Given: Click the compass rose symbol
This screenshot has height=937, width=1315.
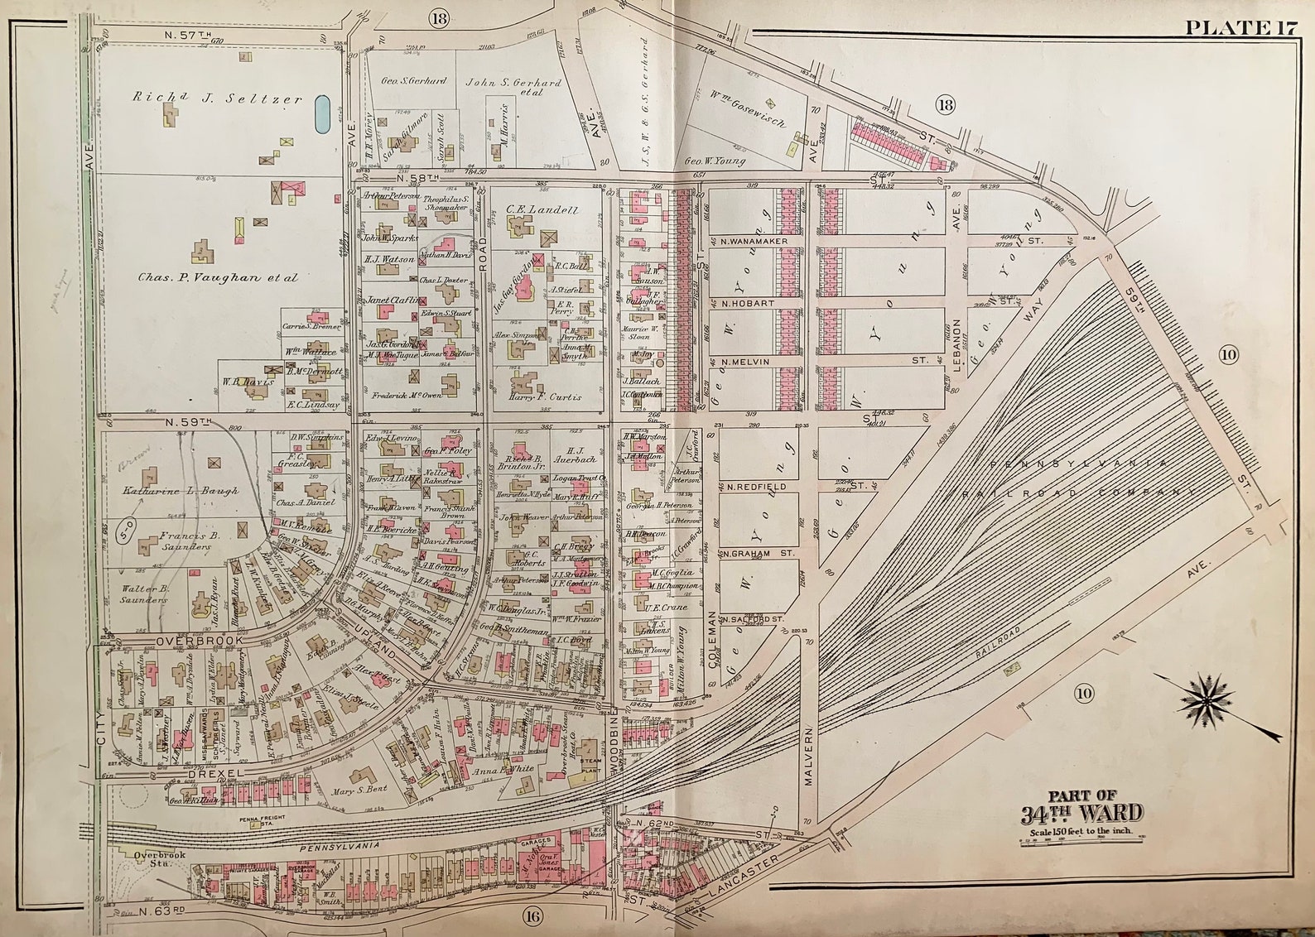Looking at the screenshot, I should coord(1207,697).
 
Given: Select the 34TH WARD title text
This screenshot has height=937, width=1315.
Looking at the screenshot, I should coord(1081,812).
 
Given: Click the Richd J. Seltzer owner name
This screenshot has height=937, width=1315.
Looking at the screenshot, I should coord(217,98).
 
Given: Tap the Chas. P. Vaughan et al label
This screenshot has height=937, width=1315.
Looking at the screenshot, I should coord(217,278).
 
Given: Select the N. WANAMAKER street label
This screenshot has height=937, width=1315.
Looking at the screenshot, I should coord(754,241).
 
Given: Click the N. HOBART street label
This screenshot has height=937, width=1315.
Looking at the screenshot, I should coord(748,304).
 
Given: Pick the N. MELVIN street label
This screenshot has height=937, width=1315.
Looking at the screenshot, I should coord(745,362).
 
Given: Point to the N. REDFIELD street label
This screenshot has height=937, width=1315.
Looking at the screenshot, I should coord(754,487).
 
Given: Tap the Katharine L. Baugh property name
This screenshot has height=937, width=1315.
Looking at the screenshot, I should coord(181,491).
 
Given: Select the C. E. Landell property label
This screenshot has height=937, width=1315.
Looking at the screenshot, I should coord(542,210).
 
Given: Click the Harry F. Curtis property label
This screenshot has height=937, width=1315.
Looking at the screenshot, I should coord(544,396).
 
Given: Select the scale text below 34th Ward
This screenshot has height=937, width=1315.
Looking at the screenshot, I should coord(1081,831).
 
